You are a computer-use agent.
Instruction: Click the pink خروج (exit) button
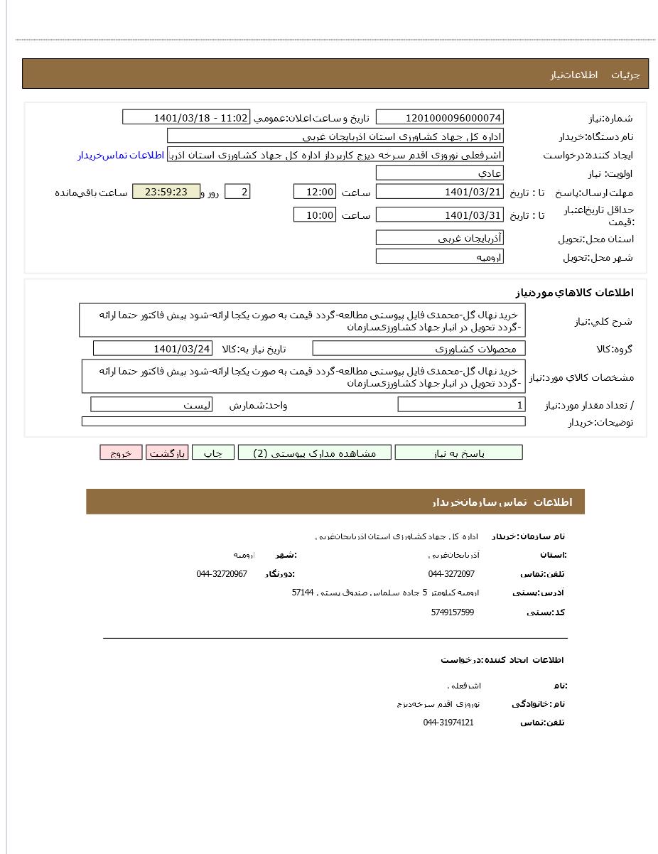121,453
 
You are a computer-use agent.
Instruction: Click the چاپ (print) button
212,453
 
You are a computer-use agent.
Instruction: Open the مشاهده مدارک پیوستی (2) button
314,453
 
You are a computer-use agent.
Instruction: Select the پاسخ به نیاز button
458,453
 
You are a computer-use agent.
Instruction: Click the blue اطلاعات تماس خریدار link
121,155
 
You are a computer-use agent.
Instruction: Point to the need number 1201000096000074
439,118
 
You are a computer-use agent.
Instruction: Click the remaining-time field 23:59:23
166,192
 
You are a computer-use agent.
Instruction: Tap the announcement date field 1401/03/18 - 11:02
186,118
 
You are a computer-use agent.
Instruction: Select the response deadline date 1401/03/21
439,192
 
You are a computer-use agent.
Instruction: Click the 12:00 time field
314,192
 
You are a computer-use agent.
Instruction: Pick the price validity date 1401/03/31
439,215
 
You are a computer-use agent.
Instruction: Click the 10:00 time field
314,215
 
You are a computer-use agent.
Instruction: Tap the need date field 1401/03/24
152,348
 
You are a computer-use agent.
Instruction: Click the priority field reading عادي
439,173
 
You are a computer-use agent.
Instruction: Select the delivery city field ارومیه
439,256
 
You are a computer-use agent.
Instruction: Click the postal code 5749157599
452,612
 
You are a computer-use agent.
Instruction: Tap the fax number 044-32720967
222,574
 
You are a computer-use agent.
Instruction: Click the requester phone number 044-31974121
448,723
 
